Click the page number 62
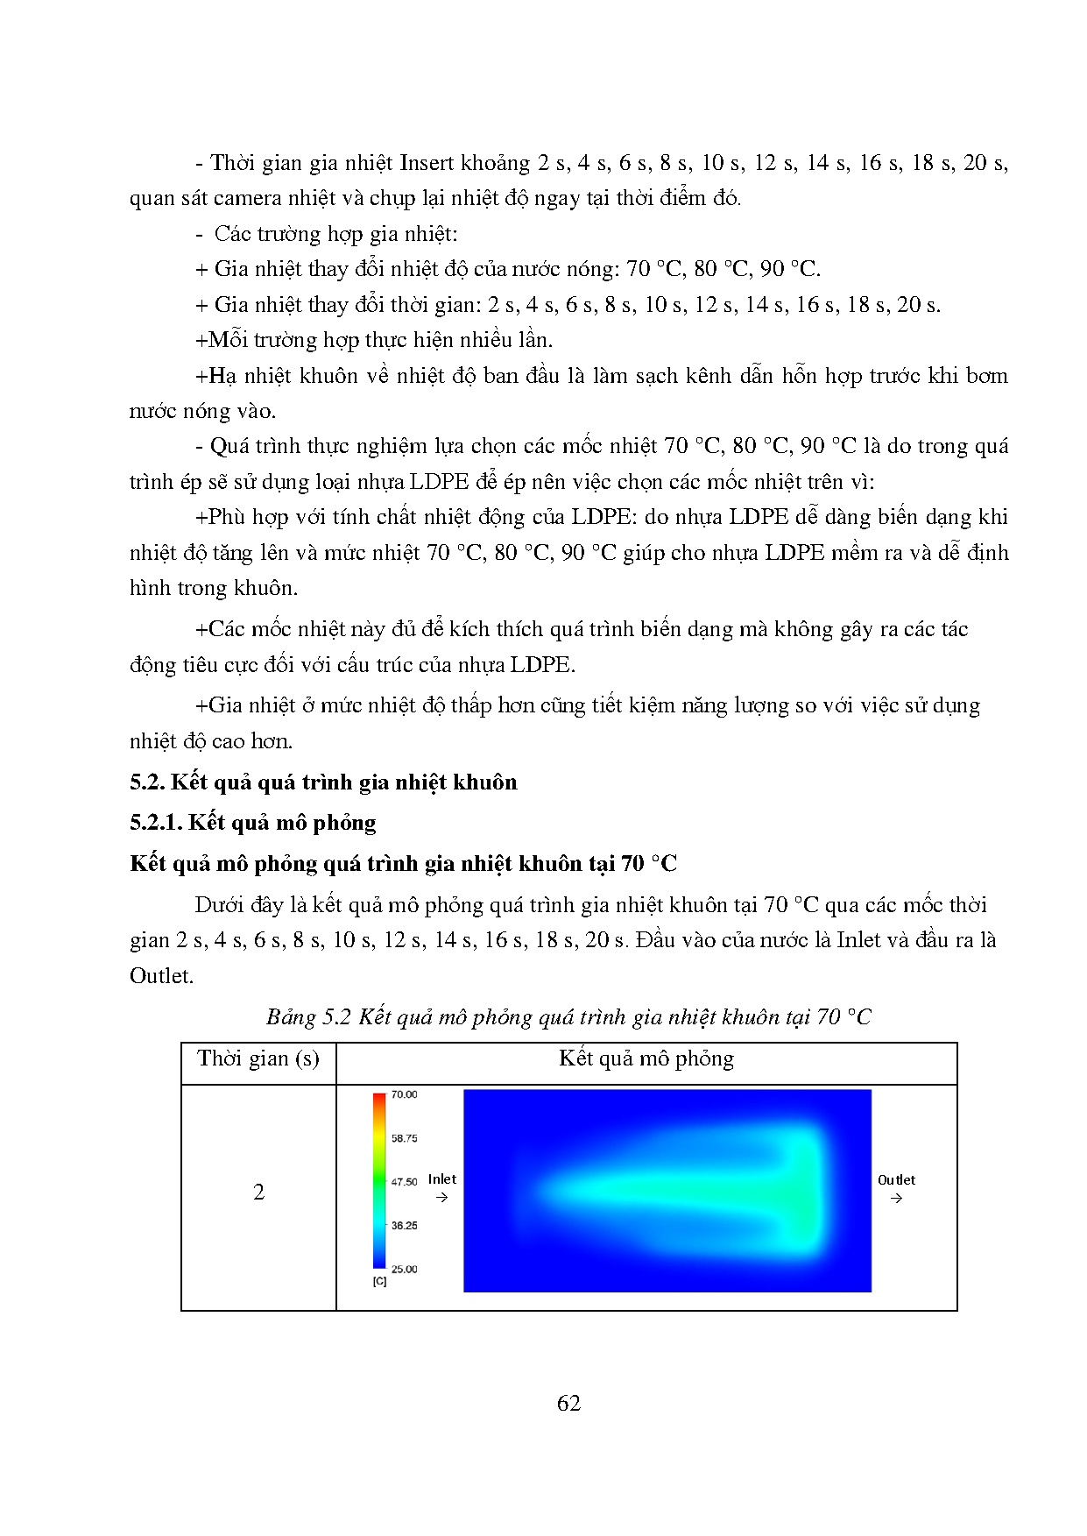(568, 1403)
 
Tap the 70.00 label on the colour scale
(404, 1094)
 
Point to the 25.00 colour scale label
(404, 1269)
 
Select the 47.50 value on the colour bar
(404, 1182)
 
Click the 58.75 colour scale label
(404, 1138)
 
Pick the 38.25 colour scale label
(404, 1226)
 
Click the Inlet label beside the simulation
(442, 1179)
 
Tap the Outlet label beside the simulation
(896, 1180)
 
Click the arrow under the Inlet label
(441, 1197)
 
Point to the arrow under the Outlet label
(896, 1198)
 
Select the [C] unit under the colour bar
(379, 1281)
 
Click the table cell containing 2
(258, 1193)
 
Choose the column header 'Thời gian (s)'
(258, 1058)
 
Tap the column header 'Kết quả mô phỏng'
(646, 1058)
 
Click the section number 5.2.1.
(156, 823)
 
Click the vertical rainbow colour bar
(379, 1180)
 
